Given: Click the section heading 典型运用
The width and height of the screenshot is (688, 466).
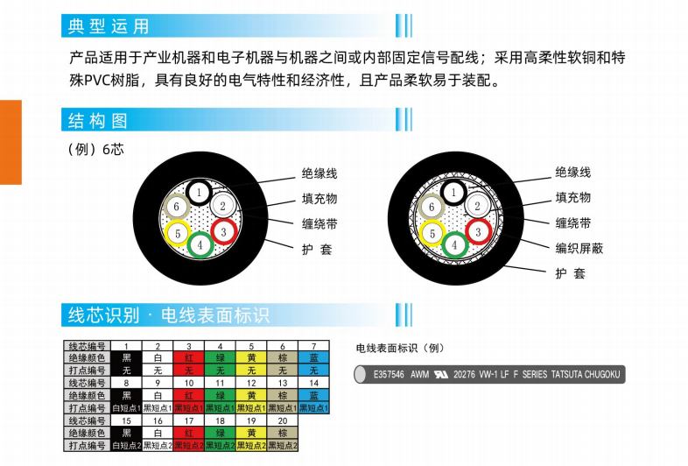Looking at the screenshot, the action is point(108,26).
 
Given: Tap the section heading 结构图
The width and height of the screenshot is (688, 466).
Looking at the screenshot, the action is point(97,120).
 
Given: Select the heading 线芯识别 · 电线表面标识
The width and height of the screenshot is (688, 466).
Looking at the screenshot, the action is point(168,315).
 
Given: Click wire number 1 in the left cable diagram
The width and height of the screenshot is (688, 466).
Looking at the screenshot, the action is point(200,193).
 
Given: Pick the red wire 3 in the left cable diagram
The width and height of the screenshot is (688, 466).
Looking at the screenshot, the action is point(224,232).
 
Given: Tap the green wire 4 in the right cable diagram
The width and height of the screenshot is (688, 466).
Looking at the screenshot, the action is point(454,245).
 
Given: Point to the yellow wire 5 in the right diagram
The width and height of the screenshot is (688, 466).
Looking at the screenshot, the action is point(432,234).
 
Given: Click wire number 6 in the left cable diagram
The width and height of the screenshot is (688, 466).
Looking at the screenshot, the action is point(177,207).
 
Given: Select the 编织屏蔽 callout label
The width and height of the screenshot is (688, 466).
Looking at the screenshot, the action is point(579,248).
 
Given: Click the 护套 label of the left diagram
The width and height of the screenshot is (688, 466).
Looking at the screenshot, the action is point(317,250).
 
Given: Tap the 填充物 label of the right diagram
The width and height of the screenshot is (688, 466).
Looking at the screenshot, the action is point(573,198).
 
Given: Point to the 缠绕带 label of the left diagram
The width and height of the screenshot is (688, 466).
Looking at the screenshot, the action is point(319,224).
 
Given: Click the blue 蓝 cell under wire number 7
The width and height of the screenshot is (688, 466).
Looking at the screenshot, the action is point(313,358).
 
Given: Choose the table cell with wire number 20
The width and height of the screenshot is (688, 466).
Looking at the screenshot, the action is point(283,420).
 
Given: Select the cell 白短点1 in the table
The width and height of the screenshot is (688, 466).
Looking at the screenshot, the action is point(126,408).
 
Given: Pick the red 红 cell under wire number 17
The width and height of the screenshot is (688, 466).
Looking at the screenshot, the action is point(189,433).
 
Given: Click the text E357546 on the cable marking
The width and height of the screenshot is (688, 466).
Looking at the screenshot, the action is point(389,375).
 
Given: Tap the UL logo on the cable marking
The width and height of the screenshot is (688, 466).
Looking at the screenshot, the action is point(441,375).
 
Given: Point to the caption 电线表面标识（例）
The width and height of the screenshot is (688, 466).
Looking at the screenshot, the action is point(400,349).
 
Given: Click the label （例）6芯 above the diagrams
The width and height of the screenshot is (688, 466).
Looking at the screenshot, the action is point(95,149).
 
